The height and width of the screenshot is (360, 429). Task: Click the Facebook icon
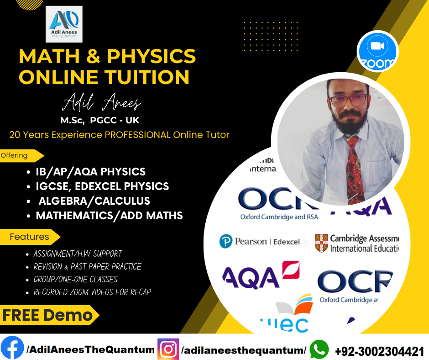pos(12,349)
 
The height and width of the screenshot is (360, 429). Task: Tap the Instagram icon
pos(168,349)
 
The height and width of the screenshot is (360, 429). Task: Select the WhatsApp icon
pos(319,349)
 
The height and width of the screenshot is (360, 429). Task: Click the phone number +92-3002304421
pos(380,351)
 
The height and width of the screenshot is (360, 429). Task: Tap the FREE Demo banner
pos(48,315)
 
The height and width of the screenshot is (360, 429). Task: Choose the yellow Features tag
pos(30,237)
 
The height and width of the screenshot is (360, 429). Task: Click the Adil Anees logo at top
pos(64,24)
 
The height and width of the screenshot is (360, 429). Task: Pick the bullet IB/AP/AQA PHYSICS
pos(90,172)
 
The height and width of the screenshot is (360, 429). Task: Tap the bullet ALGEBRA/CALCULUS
pos(94,201)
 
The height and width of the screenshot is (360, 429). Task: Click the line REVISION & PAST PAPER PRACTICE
pos(87,266)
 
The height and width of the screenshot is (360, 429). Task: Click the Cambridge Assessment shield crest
pos(322,243)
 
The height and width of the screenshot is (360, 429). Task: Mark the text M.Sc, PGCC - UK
pos(100,121)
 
